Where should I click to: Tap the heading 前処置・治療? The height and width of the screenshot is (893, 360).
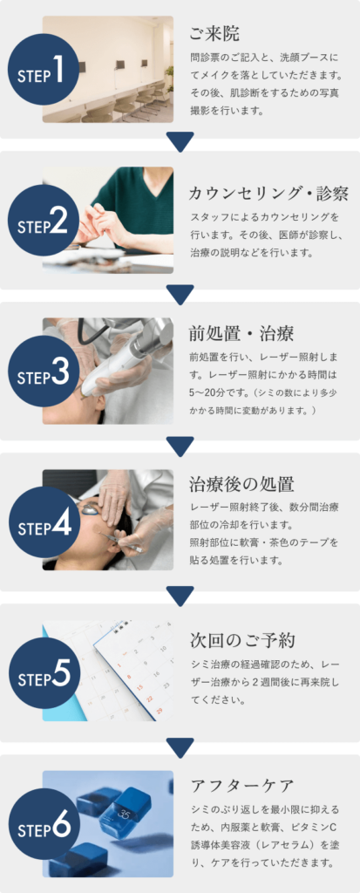click(241, 333)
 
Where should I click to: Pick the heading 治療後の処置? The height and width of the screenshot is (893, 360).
click(241, 484)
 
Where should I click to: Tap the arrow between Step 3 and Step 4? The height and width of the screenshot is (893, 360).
click(180, 446)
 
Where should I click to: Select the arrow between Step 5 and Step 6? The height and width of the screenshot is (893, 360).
click(180, 747)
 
